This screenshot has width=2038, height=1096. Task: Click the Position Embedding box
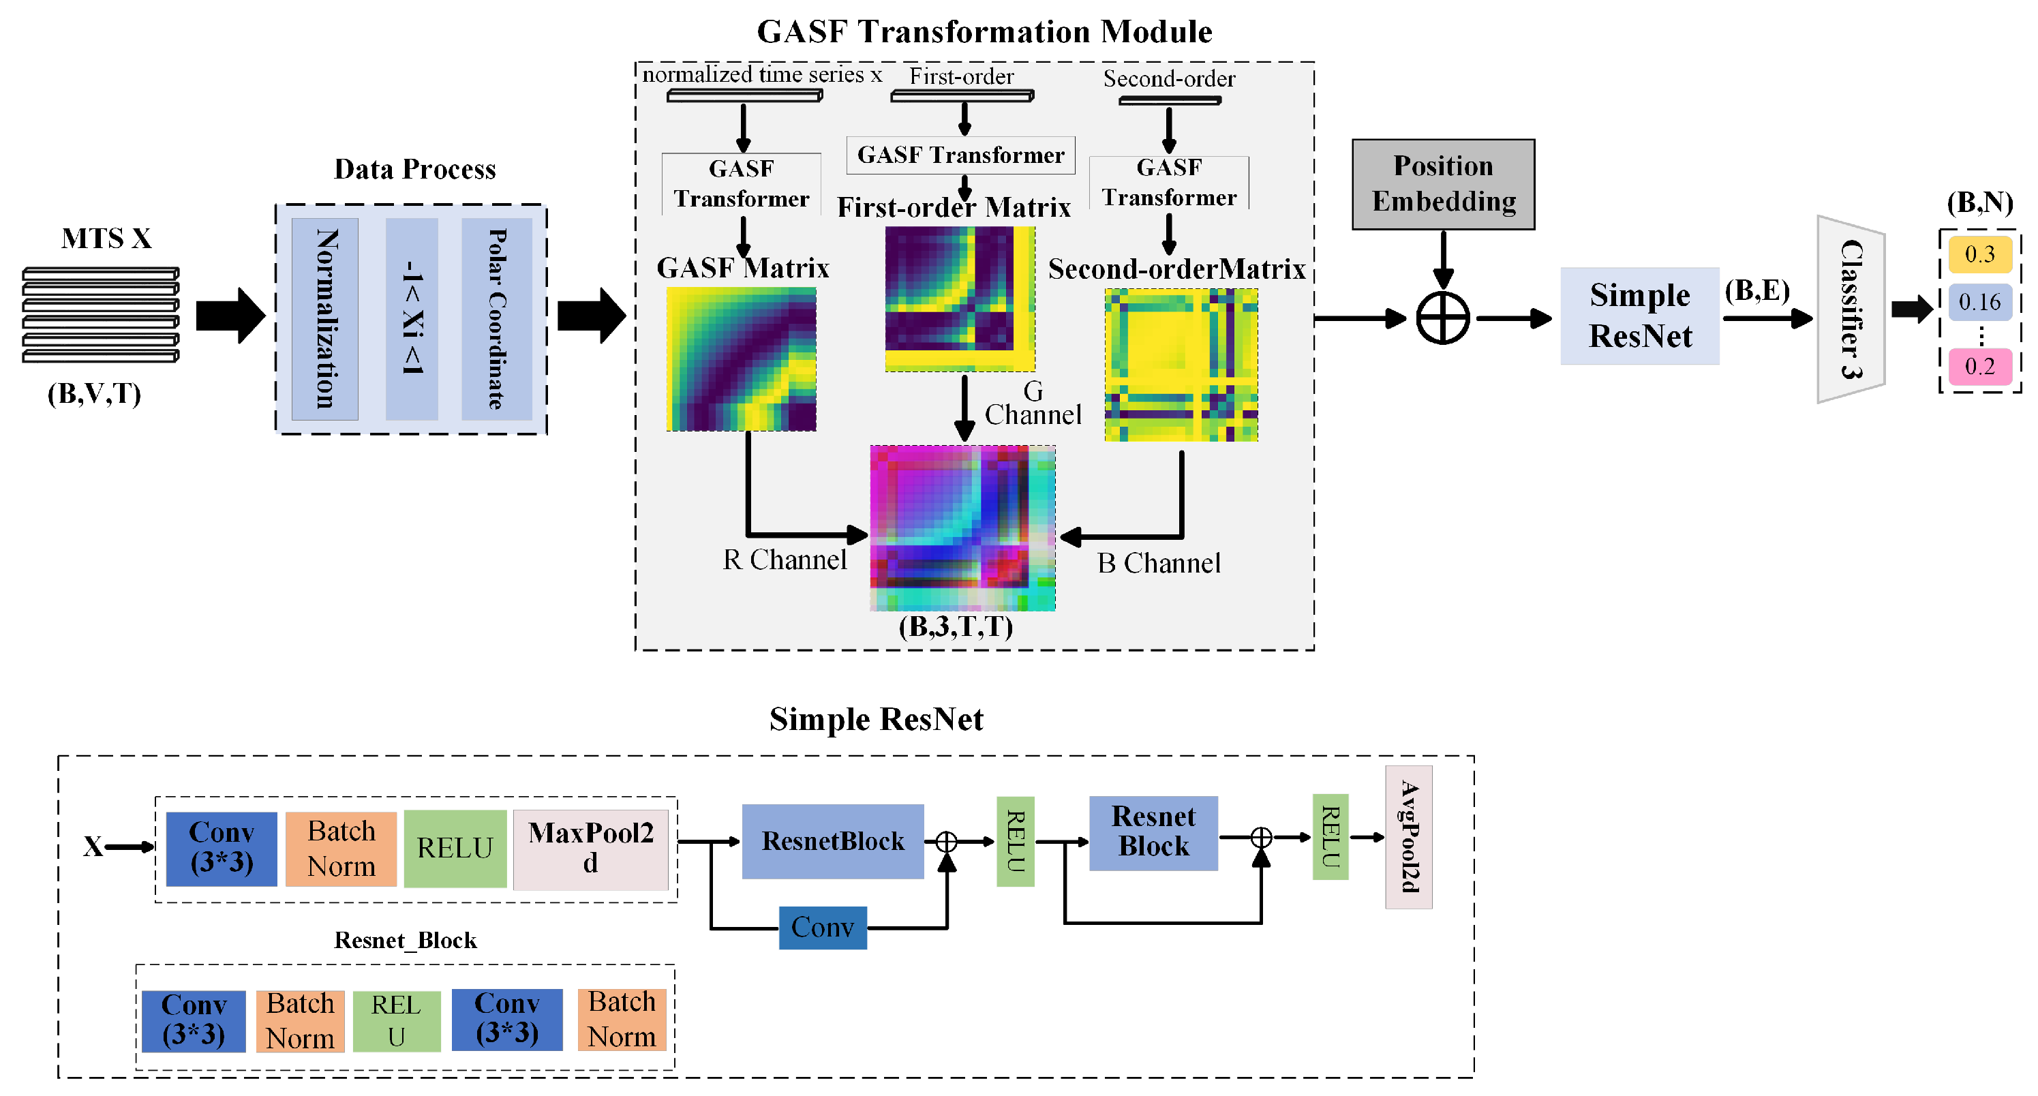[x=1442, y=185]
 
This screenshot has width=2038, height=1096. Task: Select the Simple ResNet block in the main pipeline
[x=1639, y=316]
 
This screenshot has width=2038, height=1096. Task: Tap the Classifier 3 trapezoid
[x=1851, y=309]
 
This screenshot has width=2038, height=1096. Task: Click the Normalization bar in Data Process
[x=325, y=319]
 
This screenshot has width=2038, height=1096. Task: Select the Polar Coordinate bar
[x=496, y=319]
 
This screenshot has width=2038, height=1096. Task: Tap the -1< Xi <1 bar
[x=412, y=319]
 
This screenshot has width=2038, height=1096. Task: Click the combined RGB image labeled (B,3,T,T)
[x=962, y=528]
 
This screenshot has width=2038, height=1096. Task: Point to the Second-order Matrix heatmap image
[x=1181, y=365]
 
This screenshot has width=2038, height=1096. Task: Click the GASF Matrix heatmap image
[x=742, y=359]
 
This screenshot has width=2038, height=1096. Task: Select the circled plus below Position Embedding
[x=1442, y=319]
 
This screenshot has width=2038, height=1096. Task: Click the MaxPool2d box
[x=590, y=849]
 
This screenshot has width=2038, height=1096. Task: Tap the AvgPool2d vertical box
[x=1408, y=836]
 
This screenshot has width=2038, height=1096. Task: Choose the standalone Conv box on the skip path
[x=822, y=928]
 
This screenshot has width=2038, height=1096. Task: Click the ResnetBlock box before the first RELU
[x=832, y=841]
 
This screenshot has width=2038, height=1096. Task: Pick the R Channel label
[x=784, y=560]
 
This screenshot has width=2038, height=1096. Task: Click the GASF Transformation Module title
[x=984, y=31]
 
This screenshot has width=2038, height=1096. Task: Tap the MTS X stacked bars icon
[x=100, y=315]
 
